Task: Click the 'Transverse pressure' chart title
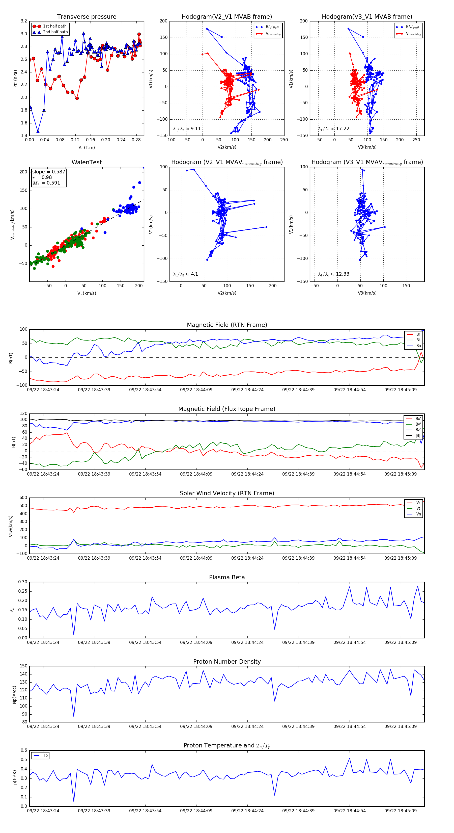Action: (87, 17)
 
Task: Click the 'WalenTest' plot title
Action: (87, 162)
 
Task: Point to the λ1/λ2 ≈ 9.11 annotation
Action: (187, 129)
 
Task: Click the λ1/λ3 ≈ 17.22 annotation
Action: (333, 129)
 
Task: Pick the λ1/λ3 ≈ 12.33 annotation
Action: (333, 274)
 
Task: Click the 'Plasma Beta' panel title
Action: (227, 577)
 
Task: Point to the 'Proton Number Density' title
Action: (227, 662)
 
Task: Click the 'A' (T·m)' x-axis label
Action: (87, 148)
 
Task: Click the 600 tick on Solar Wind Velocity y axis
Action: (23, 498)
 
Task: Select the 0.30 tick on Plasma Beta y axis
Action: (23, 582)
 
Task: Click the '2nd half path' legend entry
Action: (55, 32)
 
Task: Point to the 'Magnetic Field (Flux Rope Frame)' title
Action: (227, 409)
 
